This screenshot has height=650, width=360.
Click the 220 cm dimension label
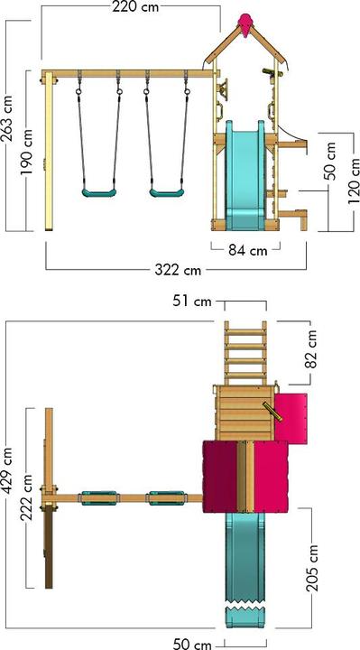[135, 7]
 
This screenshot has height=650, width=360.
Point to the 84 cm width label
[248, 250]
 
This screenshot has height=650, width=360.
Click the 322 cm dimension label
[178, 270]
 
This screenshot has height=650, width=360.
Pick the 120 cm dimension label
[354, 181]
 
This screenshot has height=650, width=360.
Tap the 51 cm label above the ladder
[192, 302]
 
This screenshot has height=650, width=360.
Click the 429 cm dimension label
[7, 471]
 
